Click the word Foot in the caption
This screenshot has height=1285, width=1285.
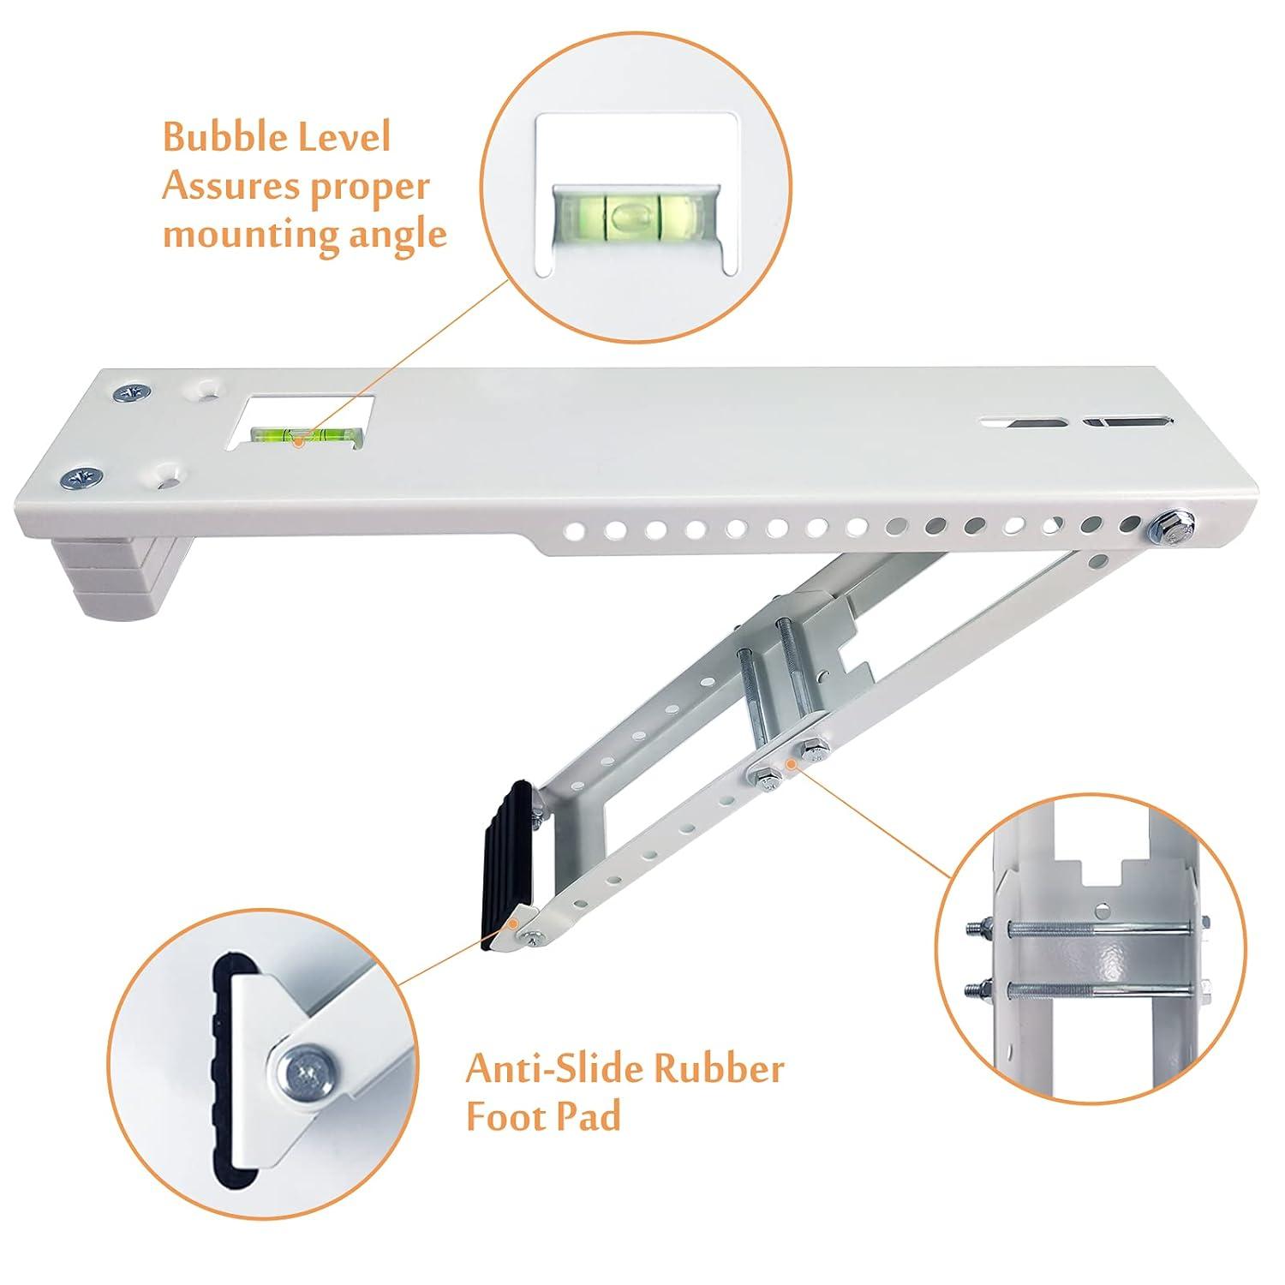504,1119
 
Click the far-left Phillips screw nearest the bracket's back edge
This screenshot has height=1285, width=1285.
132,393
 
